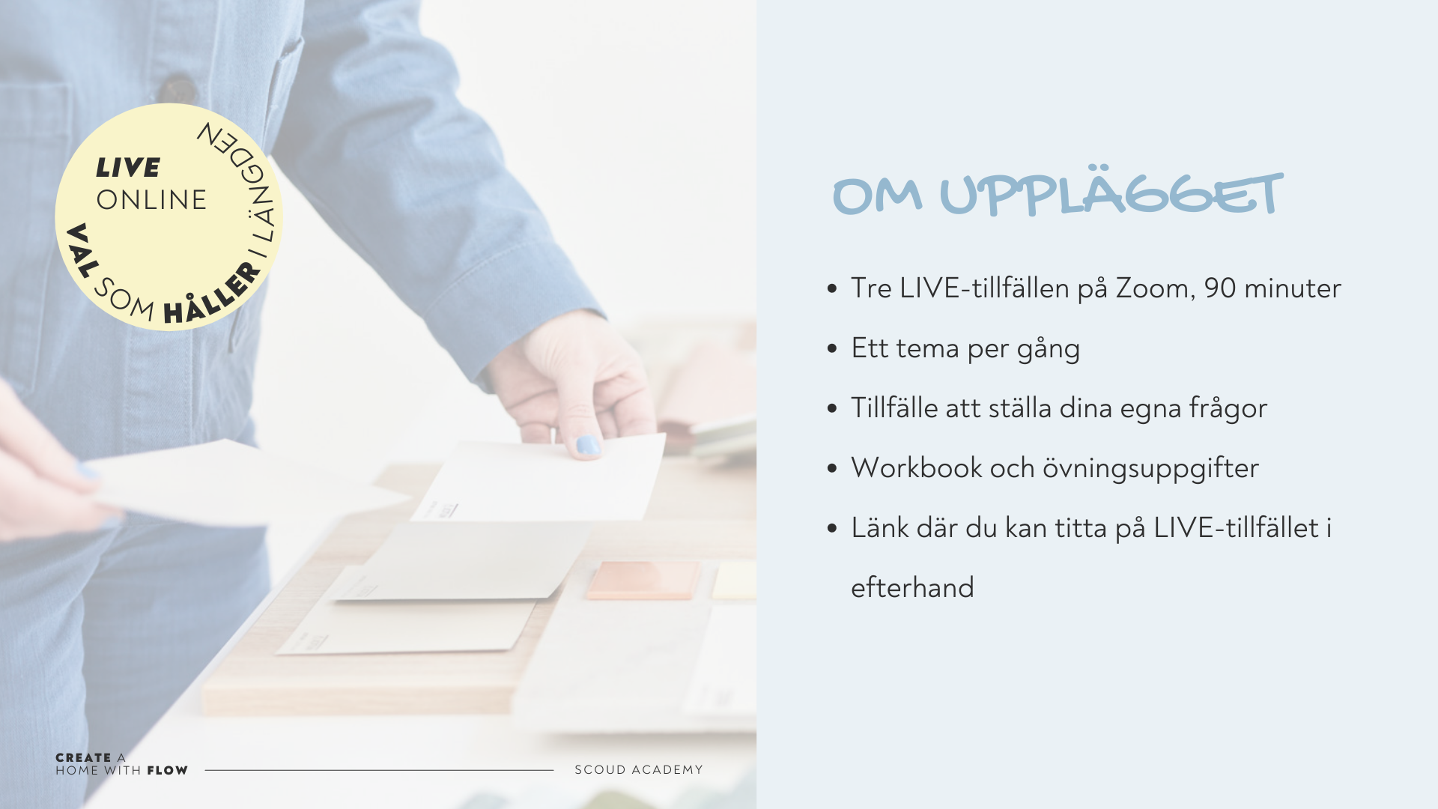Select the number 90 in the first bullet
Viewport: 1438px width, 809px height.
[x=1220, y=288]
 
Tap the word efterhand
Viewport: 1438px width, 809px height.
[x=912, y=587]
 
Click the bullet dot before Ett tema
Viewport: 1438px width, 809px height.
[x=832, y=348]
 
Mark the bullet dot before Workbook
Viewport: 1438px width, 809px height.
[x=832, y=468]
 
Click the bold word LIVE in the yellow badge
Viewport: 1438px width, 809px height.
[x=128, y=168]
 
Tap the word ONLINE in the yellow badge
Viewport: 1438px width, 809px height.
[x=151, y=200]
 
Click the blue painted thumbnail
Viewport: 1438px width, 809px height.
[x=588, y=446]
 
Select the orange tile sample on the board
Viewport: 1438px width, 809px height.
[x=643, y=581]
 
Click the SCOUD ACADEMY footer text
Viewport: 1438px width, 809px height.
[x=639, y=770]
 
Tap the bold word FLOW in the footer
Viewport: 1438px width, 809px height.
[x=167, y=771]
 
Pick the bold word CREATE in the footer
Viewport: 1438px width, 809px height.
[x=83, y=758]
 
